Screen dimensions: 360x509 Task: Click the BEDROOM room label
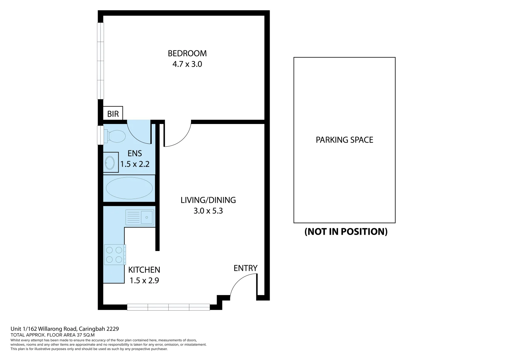187,53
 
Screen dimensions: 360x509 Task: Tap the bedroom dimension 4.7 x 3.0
187,64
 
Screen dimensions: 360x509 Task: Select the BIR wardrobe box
113,114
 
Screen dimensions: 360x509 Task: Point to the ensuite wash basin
110,163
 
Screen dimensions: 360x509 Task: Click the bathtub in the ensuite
129,188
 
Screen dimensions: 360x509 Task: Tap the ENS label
135,153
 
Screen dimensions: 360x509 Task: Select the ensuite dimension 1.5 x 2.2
135,164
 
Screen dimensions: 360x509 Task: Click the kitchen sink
140,217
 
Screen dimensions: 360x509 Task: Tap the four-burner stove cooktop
115,255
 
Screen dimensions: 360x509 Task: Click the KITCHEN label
144,270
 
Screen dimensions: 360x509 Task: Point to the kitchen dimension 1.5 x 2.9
144,280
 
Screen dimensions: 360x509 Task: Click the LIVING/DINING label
208,200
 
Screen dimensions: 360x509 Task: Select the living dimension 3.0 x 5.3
208,211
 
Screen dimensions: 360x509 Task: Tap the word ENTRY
245,268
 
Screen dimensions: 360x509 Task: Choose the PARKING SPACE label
344,140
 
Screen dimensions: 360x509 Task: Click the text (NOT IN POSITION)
346,231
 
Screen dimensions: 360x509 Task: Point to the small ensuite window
100,135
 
